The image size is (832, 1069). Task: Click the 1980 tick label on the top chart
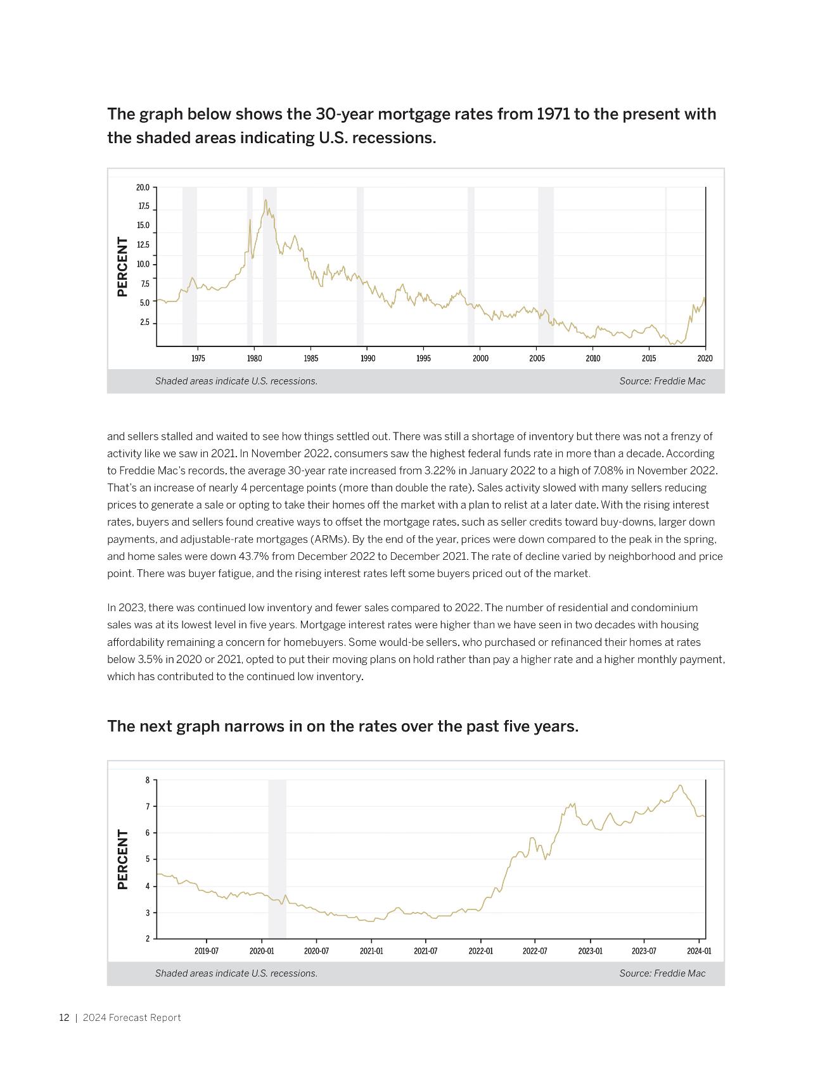pyautogui.click(x=253, y=358)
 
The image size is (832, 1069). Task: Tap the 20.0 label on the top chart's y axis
pyautogui.click(x=143, y=187)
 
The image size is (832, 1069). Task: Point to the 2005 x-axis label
pyautogui.click(x=537, y=358)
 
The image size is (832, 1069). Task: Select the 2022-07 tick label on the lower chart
pyautogui.click(x=535, y=951)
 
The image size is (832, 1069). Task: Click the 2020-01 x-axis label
pyautogui.click(x=262, y=951)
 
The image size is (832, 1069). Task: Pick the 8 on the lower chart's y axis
pyautogui.click(x=148, y=780)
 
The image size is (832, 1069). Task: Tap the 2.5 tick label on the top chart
pyautogui.click(x=144, y=323)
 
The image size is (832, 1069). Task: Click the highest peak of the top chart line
pyautogui.click(x=266, y=201)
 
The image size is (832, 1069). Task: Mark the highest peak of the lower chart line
pyautogui.click(x=680, y=786)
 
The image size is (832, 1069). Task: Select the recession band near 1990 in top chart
pyautogui.click(x=360, y=266)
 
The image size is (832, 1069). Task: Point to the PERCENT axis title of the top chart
pyautogui.click(x=123, y=267)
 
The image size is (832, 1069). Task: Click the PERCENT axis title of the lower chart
pyautogui.click(x=123, y=859)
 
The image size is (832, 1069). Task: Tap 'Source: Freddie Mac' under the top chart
pyautogui.click(x=662, y=381)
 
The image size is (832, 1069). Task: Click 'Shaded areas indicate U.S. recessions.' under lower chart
pyautogui.click(x=236, y=973)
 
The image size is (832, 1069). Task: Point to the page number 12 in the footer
pyautogui.click(x=64, y=1018)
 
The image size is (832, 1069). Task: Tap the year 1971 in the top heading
pyautogui.click(x=553, y=115)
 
